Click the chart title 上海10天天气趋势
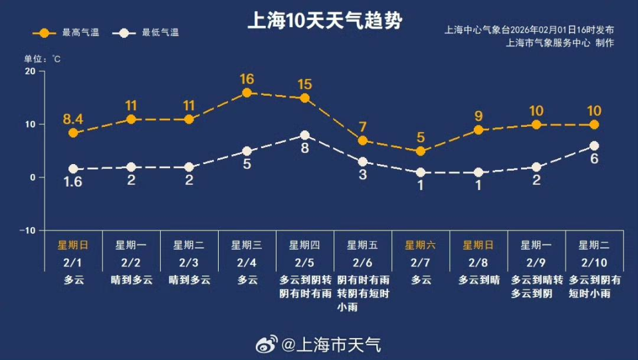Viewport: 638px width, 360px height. pyautogui.click(x=324, y=21)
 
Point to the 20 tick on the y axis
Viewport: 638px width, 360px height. pyautogui.click(x=29, y=71)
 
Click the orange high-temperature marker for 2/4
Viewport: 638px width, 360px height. pyautogui.click(x=247, y=93)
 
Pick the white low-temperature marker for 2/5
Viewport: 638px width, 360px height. pyautogui.click(x=304, y=135)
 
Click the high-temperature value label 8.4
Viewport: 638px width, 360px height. pyautogui.click(x=73, y=120)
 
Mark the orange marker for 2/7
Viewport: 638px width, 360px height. pyautogui.click(x=420, y=151)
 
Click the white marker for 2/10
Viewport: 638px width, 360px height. pyautogui.click(x=594, y=146)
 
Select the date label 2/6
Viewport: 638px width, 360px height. pyautogui.click(x=362, y=263)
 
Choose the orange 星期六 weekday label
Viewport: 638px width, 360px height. pyautogui.click(x=420, y=245)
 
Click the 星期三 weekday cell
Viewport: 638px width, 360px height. pyautogui.click(x=247, y=245)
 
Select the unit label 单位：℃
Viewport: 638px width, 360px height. pyautogui.click(x=43, y=59)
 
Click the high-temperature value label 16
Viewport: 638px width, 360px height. pyautogui.click(x=247, y=79)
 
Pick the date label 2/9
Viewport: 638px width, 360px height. pyautogui.click(x=536, y=263)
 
